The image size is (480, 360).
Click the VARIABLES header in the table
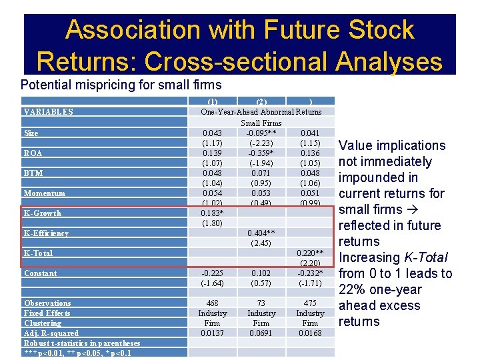click(48, 112)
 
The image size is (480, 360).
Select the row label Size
click(31, 133)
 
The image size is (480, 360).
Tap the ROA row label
click(33, 153)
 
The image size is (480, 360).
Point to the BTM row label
click(33, 173)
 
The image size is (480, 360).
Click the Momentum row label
click(44, 193)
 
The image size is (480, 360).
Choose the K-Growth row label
click(43, 213)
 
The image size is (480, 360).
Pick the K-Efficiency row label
click(46, 233)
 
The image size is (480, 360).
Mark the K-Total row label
click(38, 253)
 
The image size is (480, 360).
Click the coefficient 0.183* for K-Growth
click(212, 213)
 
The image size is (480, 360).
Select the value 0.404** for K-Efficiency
click(261, 233)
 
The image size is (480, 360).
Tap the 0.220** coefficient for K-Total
click(310, 253)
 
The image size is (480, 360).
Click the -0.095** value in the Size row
click(261, 133)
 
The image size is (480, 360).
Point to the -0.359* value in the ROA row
click(261, 153)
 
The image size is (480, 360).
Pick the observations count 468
click(212, 303)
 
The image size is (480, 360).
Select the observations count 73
click(261, 303)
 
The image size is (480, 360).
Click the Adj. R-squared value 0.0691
click(261, 333)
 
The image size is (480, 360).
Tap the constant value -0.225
click(212, 273)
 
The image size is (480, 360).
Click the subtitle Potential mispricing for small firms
click(121, 85)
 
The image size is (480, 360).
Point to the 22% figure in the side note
click(353, 289)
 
